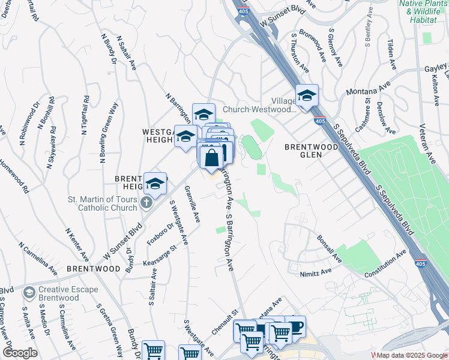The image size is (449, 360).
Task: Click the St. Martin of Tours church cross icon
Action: (x=146, y=203)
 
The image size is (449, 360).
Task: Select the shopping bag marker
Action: (x=212, y=159)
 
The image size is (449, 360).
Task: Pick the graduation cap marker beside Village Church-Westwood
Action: (x=307, y=96)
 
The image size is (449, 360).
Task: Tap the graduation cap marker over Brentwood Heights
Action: (x=155, y=184)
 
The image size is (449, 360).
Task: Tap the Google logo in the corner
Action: (x=20, y=352)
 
